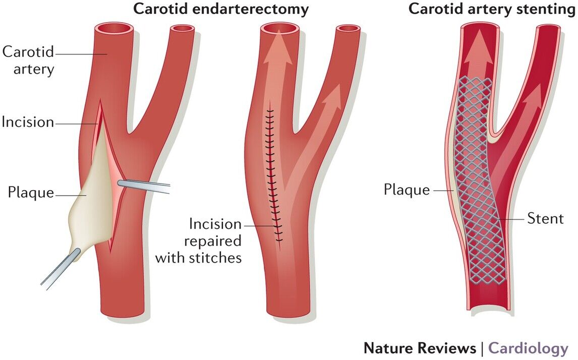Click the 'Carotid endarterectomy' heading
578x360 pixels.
(x=221, y=9)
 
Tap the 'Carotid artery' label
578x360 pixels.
(x=28, y=59)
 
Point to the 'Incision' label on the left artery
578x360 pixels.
(x=27, y=122)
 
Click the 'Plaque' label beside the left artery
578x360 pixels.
(x=30, y=192)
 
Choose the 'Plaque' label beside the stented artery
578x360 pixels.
(x=407, y=190)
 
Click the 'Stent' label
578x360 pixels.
(x=545, y=218)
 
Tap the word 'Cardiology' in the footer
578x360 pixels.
(x=528, y=348)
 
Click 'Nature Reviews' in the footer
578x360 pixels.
(x=420, y=348)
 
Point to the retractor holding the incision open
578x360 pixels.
(x=144, y=187)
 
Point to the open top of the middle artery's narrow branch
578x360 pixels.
(x=349, y=29)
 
